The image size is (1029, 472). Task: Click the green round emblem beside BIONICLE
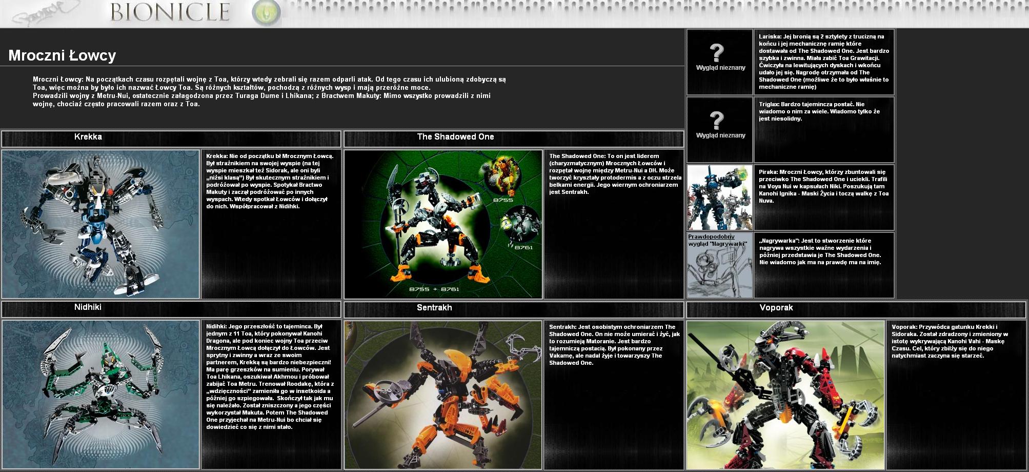click(266, 12)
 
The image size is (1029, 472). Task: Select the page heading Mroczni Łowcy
click(62, 55)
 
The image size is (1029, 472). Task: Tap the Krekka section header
click(88, 137)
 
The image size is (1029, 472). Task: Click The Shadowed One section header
click(455, 137)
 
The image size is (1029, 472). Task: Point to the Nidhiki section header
click(88, 307)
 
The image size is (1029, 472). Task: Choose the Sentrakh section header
click(434, 308)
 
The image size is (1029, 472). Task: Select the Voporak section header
click(776, 308)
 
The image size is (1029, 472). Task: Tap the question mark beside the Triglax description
click(716, 121)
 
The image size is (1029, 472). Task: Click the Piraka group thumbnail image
click(720, 198)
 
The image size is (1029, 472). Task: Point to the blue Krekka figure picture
click(100, 224)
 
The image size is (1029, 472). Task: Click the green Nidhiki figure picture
click(100, 395)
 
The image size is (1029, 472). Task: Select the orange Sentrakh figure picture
click(443, 395)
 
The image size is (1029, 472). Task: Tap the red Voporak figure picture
click(786, 395)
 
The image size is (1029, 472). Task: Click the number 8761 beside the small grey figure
click(524, 247)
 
